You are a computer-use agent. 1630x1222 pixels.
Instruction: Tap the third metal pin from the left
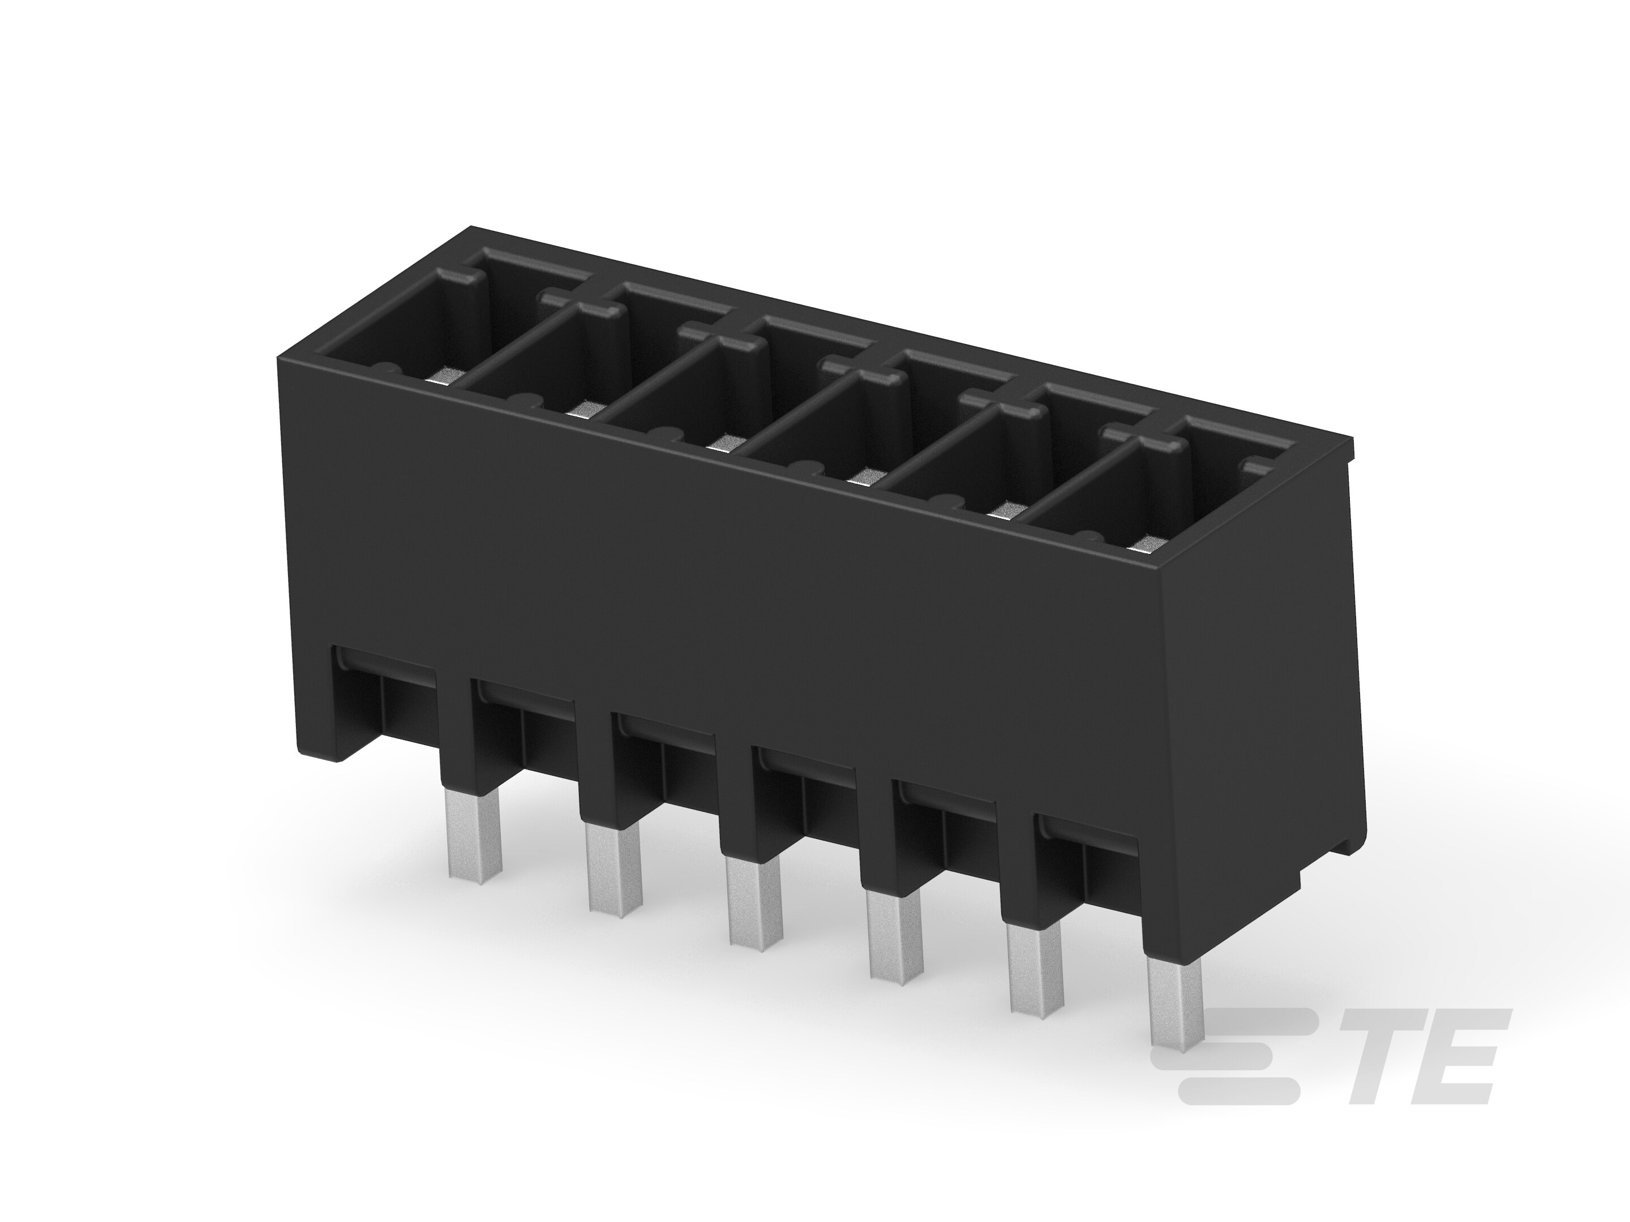click(x=754, y=902)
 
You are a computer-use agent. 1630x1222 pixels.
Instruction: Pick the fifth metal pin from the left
click(x=1035, y=976)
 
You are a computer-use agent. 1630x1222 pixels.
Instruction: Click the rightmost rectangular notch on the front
click(x=1087, y=869)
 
